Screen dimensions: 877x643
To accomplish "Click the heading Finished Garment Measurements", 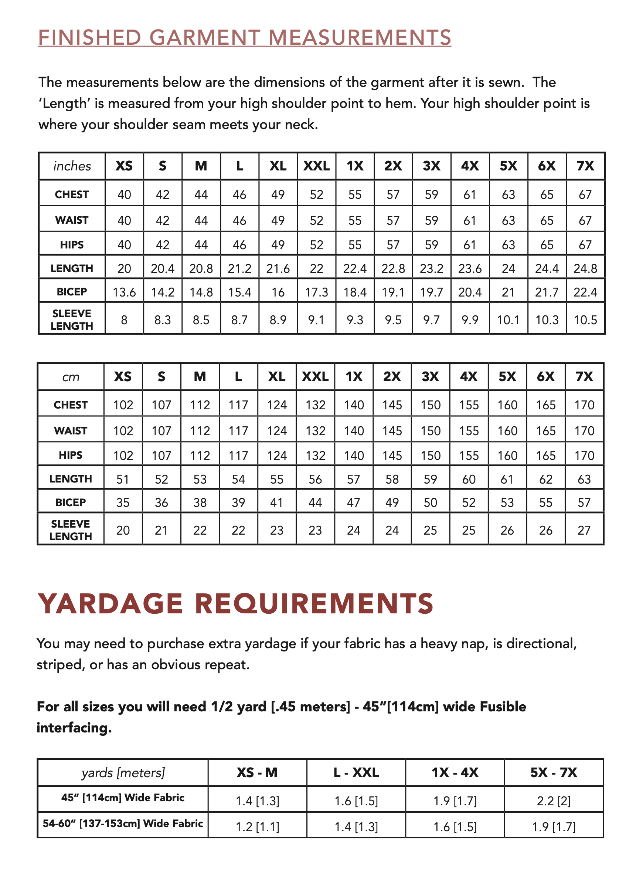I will click(x=244, y=38).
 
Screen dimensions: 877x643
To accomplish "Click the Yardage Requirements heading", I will click(x=235, y=604).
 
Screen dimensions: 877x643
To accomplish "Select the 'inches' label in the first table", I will click(x=72, y=166).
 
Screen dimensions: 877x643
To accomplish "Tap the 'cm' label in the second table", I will click(x=71, y=377).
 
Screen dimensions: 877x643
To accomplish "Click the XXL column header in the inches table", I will click(x=316, y=166).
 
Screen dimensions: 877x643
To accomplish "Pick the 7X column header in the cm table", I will click(x=584, y=377).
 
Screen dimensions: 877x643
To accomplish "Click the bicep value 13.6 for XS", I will click(x=124, y=292).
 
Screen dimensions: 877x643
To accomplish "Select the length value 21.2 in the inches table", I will click(x=239, y=268).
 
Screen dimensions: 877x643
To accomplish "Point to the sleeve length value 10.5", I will click(x=585, y=320).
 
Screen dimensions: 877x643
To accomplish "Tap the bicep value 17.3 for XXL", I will click(x=316, y=292).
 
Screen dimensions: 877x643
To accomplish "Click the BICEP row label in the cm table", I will click(x=71, y=502).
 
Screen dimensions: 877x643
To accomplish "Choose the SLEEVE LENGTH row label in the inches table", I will click(x=72, y=320).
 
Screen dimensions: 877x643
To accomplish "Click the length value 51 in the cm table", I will click(x=123, y=479).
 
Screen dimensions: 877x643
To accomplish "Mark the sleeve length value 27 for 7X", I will click(x=584, y=530).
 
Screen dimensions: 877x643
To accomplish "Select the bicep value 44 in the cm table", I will click(x=315, y=502).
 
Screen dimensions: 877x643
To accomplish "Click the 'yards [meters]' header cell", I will click(x=123, y=773).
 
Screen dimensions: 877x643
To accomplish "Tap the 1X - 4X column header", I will click(x=455, y=773).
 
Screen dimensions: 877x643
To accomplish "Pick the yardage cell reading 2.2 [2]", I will click(x=554, y=801).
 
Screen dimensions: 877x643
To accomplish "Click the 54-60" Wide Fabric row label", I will click(x=123, y=823).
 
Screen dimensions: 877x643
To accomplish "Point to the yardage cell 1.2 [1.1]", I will click(x=258, y=826).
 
